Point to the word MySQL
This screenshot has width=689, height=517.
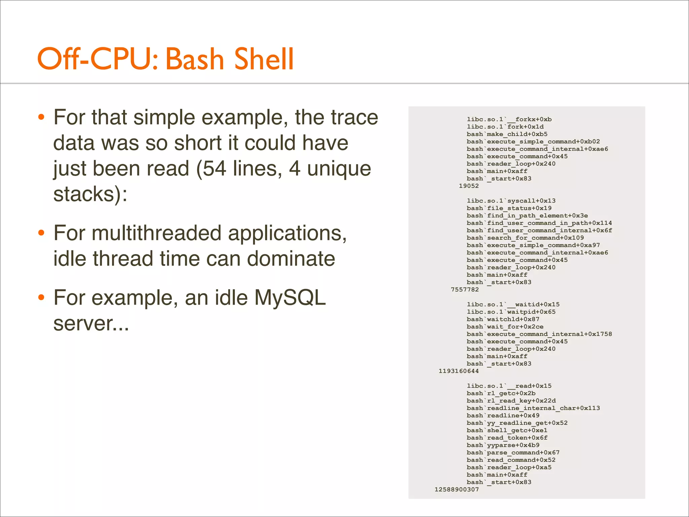290,298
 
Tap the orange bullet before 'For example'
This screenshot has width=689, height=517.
41,298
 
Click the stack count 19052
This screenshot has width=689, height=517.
469,186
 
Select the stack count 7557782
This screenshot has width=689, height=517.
465,289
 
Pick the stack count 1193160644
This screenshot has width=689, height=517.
459,371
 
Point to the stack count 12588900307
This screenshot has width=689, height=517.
457,489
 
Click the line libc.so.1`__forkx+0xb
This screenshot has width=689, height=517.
509,119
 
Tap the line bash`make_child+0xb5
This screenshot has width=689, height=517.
507,134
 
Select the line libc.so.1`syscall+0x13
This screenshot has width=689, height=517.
511,201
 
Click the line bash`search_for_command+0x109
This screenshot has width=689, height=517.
525,238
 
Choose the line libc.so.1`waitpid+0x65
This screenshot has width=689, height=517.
511,312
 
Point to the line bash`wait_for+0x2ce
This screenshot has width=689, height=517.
505,326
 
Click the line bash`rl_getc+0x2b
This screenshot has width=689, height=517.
501,393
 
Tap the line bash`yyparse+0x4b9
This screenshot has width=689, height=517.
503,445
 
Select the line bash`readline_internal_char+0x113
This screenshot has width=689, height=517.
533,408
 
